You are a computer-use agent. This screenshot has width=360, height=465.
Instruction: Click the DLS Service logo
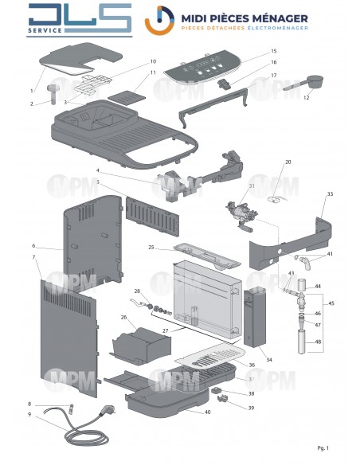[78, 21]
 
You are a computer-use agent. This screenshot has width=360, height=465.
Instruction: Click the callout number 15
[273, 51]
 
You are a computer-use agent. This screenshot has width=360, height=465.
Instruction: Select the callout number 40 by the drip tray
[208, 412]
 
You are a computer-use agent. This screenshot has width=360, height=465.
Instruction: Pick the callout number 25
[151, 248]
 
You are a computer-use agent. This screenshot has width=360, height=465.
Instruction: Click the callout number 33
[330, 193]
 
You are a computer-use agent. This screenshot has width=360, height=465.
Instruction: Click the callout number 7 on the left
[33, 258]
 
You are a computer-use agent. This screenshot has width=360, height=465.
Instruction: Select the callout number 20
[288, 162]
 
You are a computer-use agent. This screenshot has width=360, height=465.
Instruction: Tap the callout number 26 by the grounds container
[123, 317]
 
